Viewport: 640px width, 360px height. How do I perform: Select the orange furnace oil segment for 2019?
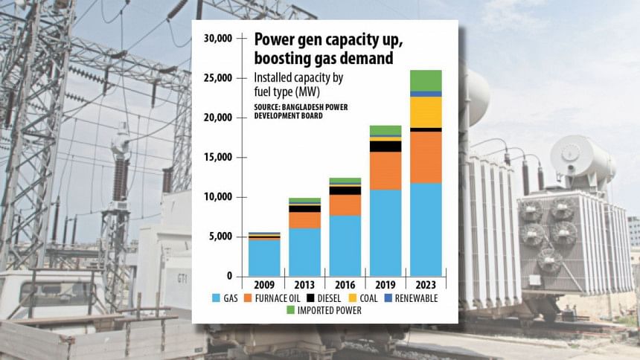tap(385, 170)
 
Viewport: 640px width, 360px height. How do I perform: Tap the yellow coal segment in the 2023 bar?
tap(426, 112)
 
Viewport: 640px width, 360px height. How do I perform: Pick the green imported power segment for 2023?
tap(426, 80)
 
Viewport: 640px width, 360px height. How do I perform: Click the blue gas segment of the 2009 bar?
tap(264, 257)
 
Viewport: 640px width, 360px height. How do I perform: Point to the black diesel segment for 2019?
tap(385, 146)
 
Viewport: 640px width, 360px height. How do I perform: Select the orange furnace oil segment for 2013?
tap(304, 220)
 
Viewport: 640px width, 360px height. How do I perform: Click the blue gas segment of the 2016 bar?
tap(345, 245)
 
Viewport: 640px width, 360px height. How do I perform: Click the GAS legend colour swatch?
tap(216, 298)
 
